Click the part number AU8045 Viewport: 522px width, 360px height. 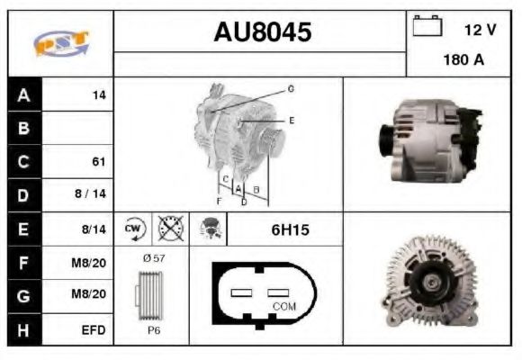[x=262, y=32]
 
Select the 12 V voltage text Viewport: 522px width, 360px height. [x=480, y=30]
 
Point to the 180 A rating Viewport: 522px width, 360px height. [x=463, y=60]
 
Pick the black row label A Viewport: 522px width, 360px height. [x=23, y=94]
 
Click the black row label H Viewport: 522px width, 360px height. [x=23, y=329]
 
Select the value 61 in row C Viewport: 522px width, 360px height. [x=98, y=162]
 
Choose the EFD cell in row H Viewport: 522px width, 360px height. [x=94, y=329]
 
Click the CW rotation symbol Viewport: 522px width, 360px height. [x=134, y=229]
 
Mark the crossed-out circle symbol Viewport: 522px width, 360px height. [x=169, y=229]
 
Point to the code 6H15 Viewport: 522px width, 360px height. [x=290, y=230]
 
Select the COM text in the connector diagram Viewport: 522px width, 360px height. [x=283, y=307]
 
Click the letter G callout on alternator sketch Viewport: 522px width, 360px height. [x=291, y=89]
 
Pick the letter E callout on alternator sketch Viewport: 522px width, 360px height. [x=292, y=120]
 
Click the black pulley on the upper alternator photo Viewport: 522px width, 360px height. [x=385, y=141]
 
